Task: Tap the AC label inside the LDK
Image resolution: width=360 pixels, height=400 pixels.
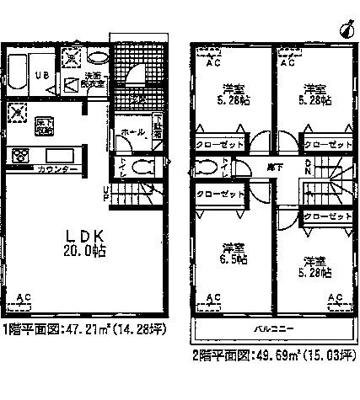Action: (x=26, y=296)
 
